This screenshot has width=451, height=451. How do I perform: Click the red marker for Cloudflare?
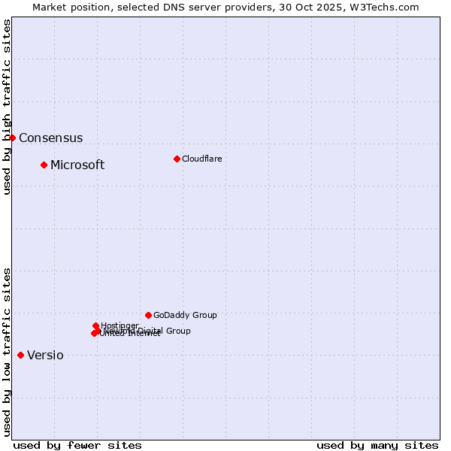click(x=177, y=159)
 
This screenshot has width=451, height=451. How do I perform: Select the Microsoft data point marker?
click(x=44, y=165)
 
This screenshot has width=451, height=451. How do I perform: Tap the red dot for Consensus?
click(x=12, y=138)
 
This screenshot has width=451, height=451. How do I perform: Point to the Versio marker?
click(x=20, y=355)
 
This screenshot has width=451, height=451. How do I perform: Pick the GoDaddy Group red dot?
click(x=148, y=315)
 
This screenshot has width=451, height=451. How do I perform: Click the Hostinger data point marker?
click(x=95, y=325)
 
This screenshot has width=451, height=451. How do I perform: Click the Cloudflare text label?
click(x=201, y=159)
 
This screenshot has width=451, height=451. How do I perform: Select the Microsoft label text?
click(x=77, y=165)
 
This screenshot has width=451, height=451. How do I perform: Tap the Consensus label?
click(x=50, y=138)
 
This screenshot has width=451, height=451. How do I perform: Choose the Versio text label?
click(x=45, y=356)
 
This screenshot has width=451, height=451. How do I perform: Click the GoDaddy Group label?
click(x=185, y=315)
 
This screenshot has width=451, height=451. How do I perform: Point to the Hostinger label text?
click(x=120, y=325)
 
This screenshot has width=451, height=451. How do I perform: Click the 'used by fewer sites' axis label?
click(x=77, y=445)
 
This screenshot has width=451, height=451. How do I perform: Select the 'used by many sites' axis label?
click(x=377, y=445)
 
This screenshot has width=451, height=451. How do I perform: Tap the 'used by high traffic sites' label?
click(x=7, y=107)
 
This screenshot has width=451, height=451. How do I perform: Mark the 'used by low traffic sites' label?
click(x=7, y=352)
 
